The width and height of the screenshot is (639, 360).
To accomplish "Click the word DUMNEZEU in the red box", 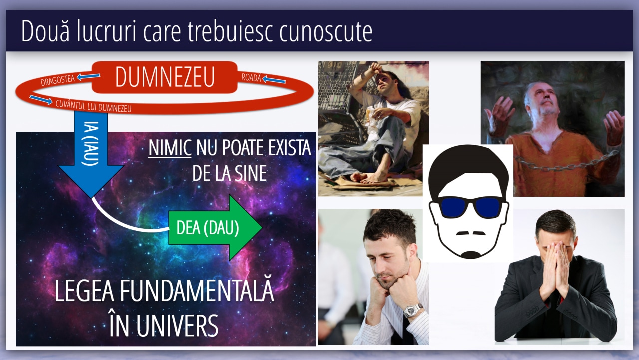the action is (165, 77).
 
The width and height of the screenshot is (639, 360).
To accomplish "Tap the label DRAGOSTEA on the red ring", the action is (57, 80).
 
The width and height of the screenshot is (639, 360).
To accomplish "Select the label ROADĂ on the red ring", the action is (251, 77).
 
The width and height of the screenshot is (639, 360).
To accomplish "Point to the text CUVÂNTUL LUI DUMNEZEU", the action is (93, 106).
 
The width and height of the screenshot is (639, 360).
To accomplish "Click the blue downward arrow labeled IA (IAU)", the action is (91, 154).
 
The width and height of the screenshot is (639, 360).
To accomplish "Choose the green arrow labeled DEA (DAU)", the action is (215, 227).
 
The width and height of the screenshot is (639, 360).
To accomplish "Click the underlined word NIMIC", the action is (170, 148).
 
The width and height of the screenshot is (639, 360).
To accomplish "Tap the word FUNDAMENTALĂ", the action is (197, 291).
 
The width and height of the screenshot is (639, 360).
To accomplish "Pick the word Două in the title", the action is (45, 31).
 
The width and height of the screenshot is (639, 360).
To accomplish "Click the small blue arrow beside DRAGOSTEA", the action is (88, 76).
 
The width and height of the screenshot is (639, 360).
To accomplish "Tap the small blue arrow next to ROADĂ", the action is (274, 79).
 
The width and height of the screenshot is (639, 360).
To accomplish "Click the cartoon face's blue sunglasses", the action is (469, 206).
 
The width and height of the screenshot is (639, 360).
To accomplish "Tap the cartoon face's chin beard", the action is (471, 254).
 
